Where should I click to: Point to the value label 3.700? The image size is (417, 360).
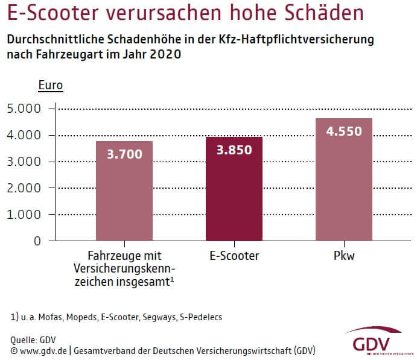pyautogui.click(x=124, y=154)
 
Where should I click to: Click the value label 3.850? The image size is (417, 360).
pyautogui.click(x=234, y=150)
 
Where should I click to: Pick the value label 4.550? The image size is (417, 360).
pyautogui.click(x=344, y=130)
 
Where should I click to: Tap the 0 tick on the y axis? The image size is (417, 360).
pyautogui.click(x=37, y=241)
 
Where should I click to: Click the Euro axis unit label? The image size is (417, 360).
pyautogui.click(x=51, y=86)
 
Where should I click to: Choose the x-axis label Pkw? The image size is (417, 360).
pyautogui.click(x=344, y=256)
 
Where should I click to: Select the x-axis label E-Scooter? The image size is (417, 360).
pyautogui.click(x=234, y=256)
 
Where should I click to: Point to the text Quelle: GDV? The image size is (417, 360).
pyautogui.click(x=33, y=339)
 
